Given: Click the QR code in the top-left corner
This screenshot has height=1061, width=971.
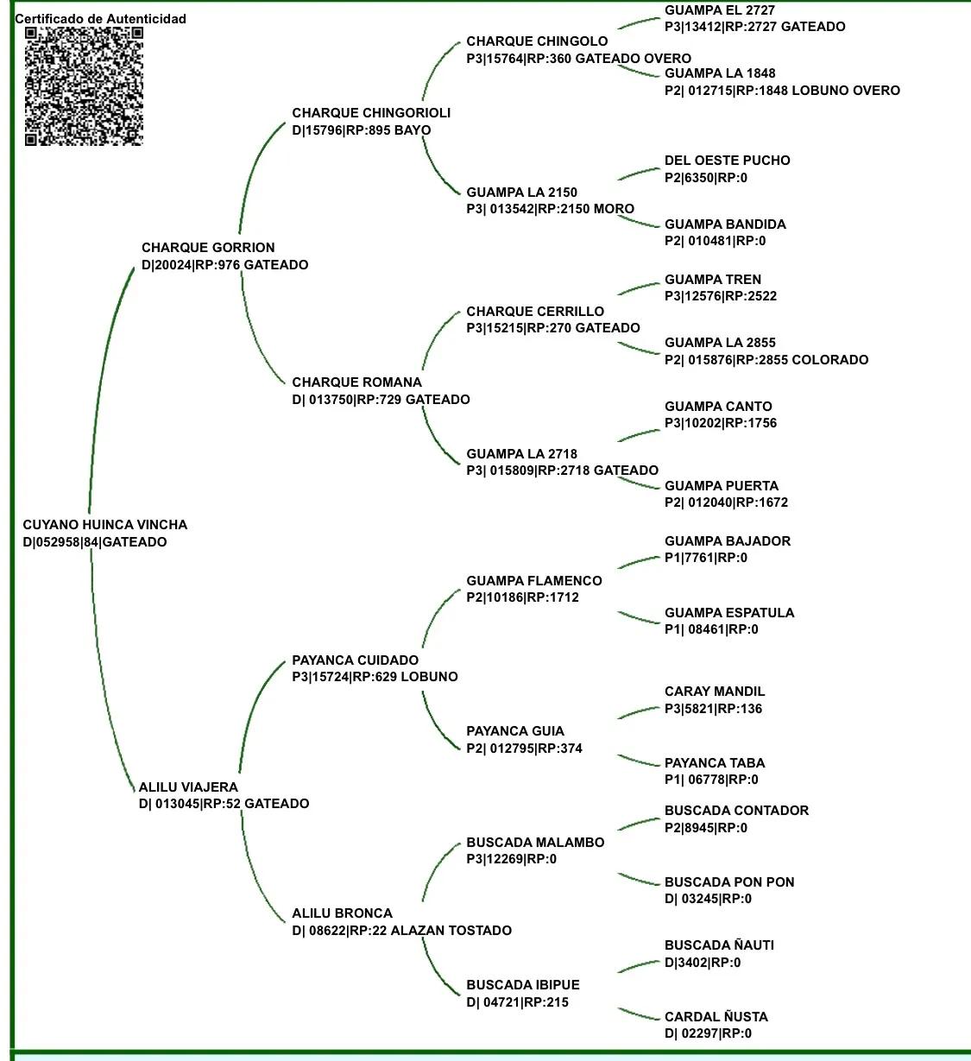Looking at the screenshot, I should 84,85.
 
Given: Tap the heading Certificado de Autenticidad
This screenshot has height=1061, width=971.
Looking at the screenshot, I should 100,18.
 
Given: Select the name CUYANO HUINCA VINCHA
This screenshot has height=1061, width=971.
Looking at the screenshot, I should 104,525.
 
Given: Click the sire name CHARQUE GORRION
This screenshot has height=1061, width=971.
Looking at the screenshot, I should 208,248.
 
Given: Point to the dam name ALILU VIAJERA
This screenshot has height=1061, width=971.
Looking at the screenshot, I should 188,787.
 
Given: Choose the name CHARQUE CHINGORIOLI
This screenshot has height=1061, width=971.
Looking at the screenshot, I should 371,113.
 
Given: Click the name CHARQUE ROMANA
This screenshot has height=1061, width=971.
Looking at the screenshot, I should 356,382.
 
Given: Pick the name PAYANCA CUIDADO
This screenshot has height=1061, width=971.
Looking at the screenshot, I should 355,660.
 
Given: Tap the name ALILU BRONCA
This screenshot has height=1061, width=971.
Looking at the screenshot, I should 342,913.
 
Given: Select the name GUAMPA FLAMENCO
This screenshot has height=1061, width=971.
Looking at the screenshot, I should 534,581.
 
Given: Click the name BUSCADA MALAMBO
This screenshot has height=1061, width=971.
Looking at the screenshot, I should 535,843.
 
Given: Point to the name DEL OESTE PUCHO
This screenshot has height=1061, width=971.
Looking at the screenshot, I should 727,161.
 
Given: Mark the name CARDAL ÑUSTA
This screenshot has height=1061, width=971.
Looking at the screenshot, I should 716,1017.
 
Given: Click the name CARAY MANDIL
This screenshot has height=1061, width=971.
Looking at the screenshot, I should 715,692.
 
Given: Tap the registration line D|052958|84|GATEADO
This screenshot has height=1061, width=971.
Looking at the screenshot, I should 95,542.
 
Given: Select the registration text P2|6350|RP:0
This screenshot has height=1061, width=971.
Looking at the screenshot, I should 706,178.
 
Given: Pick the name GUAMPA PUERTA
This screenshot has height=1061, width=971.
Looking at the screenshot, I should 721,486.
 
